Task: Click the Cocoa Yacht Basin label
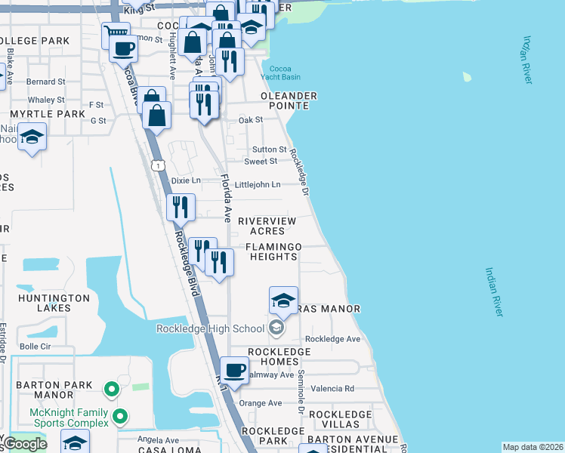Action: (x=279, y=72)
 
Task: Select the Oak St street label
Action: (x=250, y=120)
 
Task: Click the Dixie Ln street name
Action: (x=186, y=180)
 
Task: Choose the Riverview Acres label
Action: (x=261, y=226)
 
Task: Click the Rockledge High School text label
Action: (x=210, y=328)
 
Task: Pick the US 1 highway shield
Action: (x=157, y=165)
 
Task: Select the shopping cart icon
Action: (x=116, y=32)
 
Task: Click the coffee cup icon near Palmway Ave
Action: (x=234, y=370)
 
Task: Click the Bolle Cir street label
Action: (x=34, y=347)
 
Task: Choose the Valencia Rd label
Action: (x=338, y=389)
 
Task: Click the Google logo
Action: (x=25, y=444)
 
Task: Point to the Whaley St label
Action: (x=46, y=100)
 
